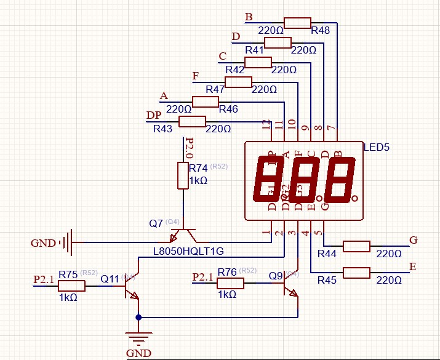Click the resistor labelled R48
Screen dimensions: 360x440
click(298, 23)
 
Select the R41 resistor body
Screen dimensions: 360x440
click(278, 42)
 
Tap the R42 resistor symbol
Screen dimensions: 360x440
click(258, 62)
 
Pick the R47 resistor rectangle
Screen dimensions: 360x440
click(238, 82)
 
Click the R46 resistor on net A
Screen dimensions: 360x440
click(206, 102)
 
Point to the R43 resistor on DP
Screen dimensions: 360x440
click(192, 121)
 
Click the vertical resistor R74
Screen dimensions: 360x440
click(183, 175)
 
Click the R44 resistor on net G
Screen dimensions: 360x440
click(356, 246)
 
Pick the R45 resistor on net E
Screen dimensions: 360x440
click(356, 272)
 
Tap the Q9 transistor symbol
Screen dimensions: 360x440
click(290, 287)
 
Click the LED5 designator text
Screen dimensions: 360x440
click(377, 148)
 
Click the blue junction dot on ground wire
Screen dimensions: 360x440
click(138, 317)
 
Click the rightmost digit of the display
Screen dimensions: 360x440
click(342, 179)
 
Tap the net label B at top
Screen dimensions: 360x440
click(249, 17)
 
